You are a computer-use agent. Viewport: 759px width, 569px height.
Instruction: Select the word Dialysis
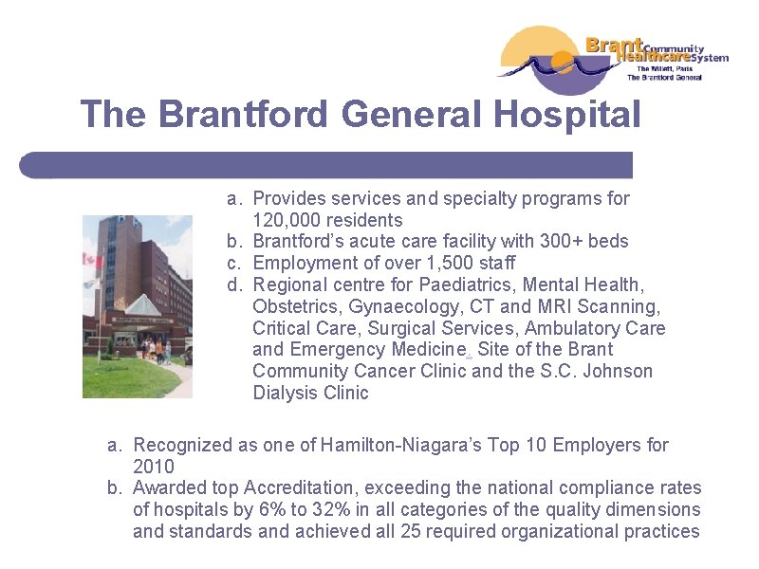click(286, 393)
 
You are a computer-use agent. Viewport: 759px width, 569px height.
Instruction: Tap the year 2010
click(154, 467)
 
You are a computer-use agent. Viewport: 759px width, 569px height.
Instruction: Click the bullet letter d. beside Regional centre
click(233, 284)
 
